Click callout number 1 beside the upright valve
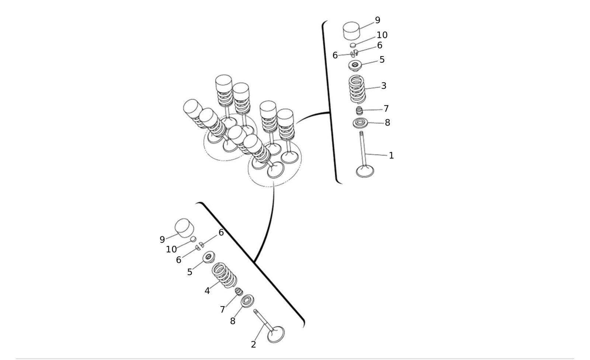click(x=391, y=156)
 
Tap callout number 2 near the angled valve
click(x=253, y=345)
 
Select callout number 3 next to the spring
click(x=384, y=86)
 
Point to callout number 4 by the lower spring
click(x=207, y=291)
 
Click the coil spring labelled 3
click(x=357, y=89)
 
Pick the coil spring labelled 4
click(x=225, y=275)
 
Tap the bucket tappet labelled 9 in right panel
click(x=352, y=31)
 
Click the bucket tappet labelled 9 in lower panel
click(x=184, y=228)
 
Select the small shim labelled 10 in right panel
click(x=353, y=45)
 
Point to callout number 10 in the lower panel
click(x=171, y=249)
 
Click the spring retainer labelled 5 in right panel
click(x=355, y=66)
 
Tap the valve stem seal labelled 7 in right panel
click(x=359, y=111)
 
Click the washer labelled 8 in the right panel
click(x=360, y=123)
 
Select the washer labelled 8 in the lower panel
click(x=247, y=301)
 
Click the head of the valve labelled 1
click(x=365, y=171)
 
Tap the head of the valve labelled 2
click(x=276, y=335)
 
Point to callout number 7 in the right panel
click(x=386, y=108)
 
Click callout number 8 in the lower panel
click(x=233, y=321)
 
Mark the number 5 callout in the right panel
click(x=382, y=59)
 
